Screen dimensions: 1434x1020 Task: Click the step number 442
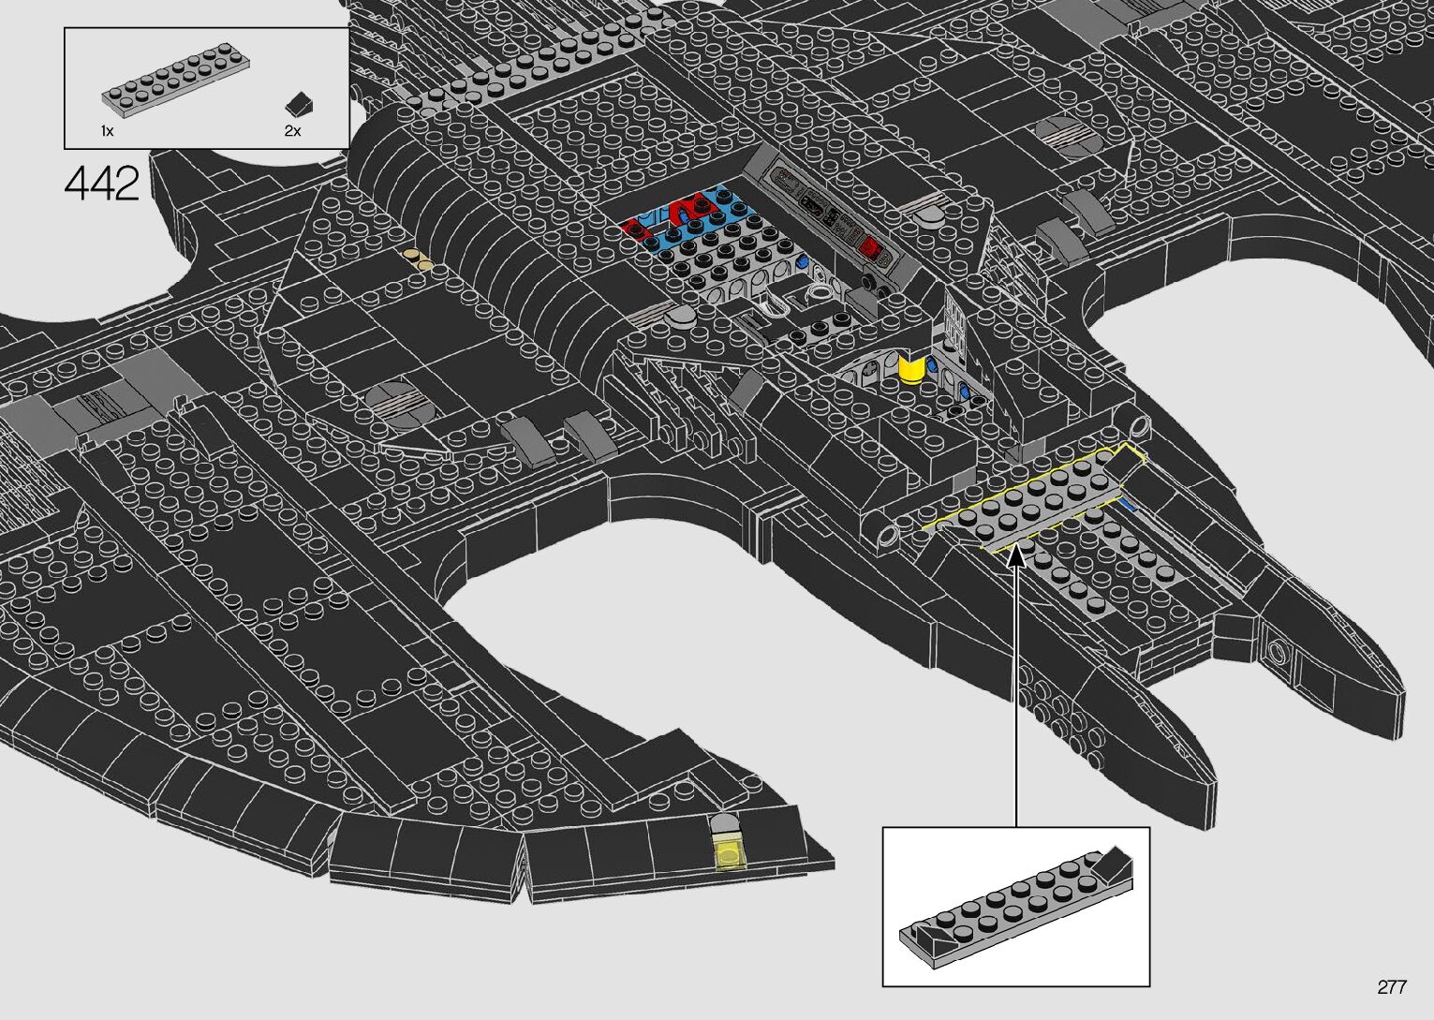click(x=102, y=185)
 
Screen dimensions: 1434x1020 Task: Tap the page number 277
click(x=1391, y=987)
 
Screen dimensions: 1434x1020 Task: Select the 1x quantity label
click(x=108, y=131)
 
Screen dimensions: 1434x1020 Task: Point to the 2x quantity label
click(x=292, y=131)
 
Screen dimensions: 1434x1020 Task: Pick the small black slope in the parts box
click(x=301, y=102)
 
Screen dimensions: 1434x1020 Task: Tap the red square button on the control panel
click(x=870, y=248)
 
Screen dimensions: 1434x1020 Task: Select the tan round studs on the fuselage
click(x=419, y=258)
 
